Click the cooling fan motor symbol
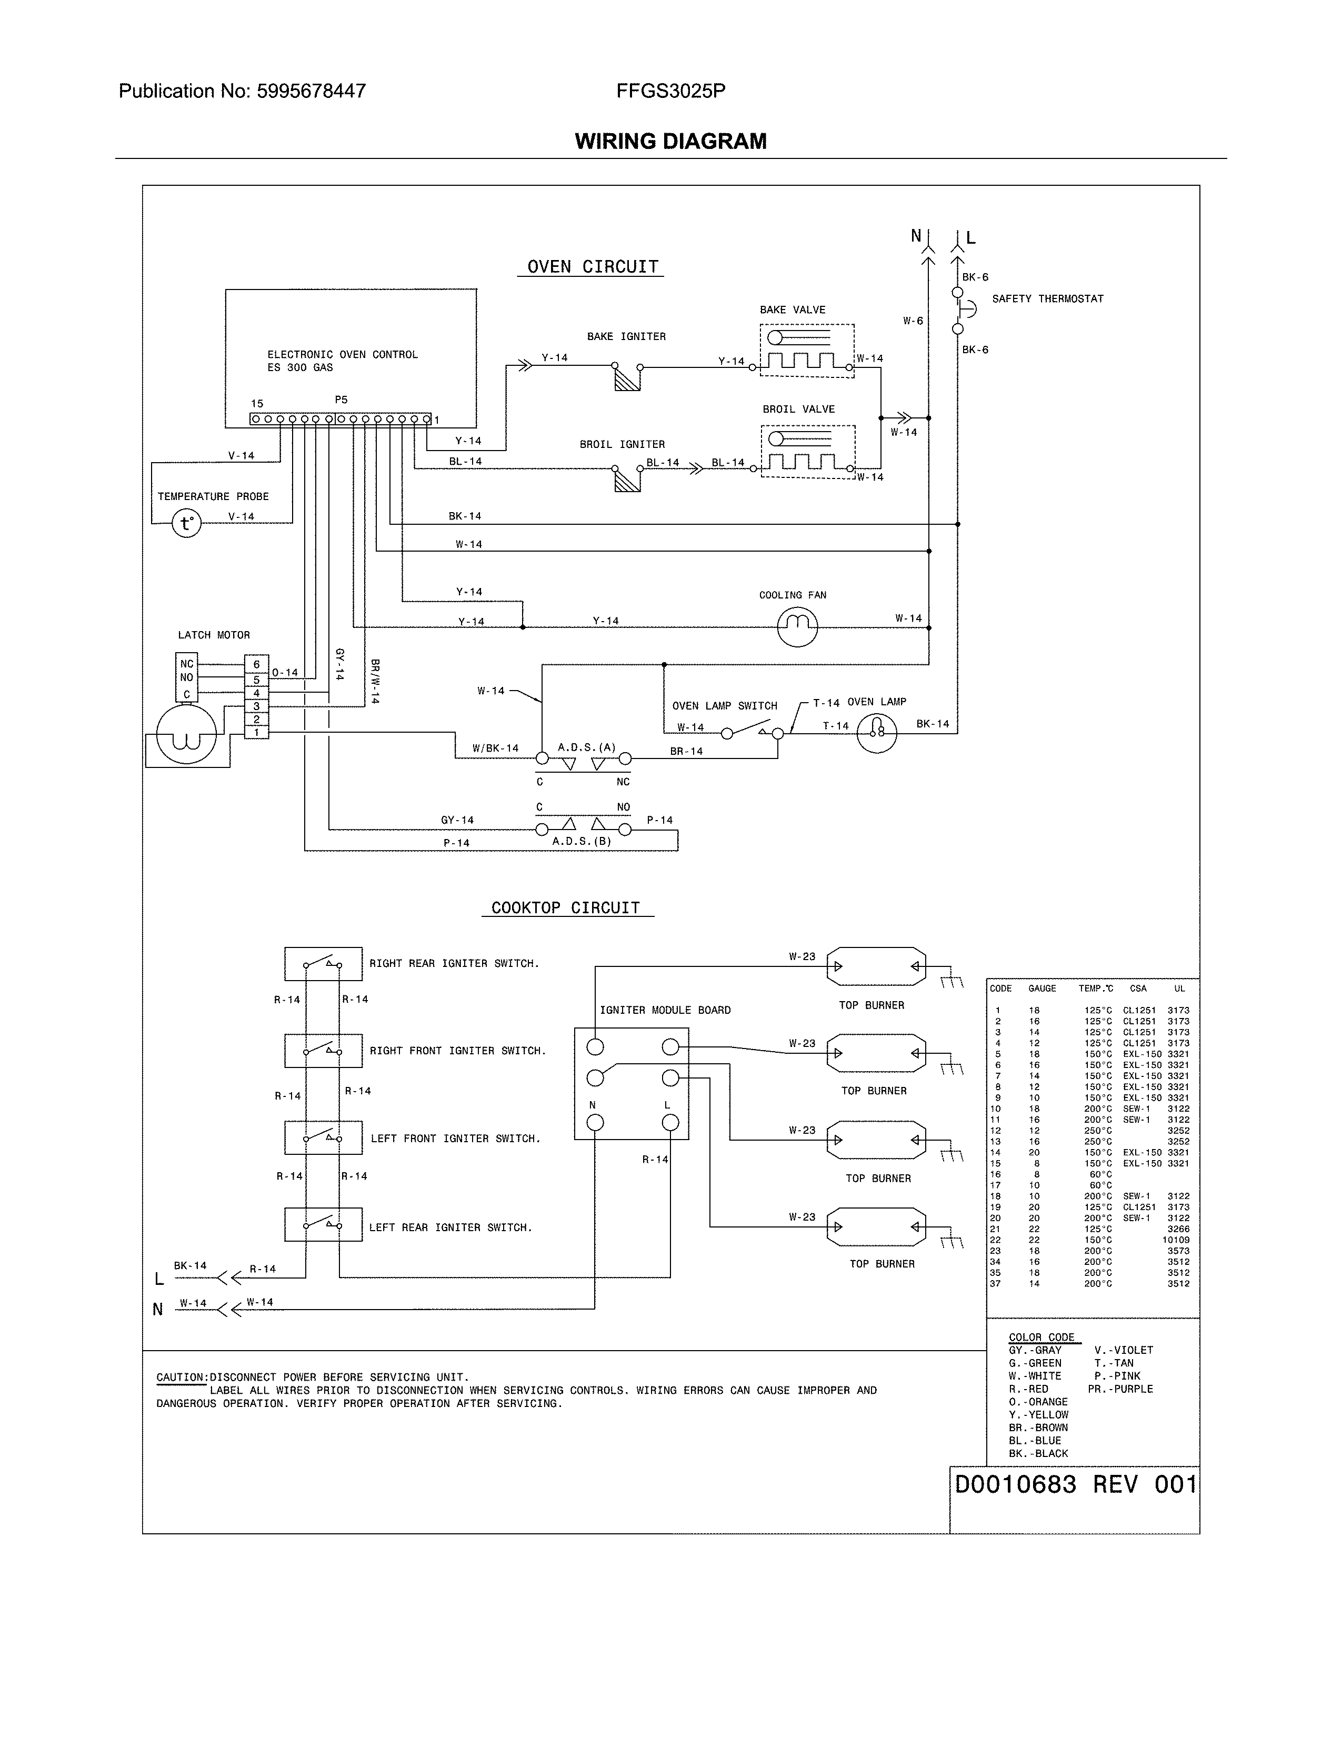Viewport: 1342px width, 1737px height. [x=797, y=627]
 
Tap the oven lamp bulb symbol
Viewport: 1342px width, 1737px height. [x=877, y=733]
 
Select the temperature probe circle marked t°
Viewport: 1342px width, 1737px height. [x=187, y=523]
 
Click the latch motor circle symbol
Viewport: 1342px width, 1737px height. [x=186, y=735]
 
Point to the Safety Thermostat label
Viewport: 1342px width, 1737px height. [x=1047, y=299]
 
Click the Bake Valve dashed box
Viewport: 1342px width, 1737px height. [x=807, y=351]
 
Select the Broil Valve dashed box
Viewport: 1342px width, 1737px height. [x=808, y=452]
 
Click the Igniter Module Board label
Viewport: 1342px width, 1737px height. [x=665, y=1010]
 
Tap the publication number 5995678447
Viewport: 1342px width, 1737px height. [x=311, y=92]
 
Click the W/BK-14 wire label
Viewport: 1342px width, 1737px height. [x=495, y=748]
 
